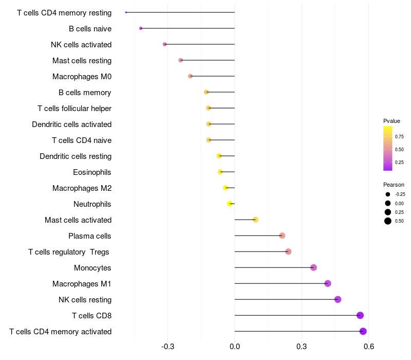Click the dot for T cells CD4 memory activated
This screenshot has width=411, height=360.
tap(363, 331)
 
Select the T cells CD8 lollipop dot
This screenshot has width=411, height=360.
tap(360, 315)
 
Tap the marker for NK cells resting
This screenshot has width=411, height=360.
tap(338, 299)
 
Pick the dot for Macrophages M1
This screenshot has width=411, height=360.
tap(328, 283)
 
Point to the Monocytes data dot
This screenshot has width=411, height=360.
tap(313, 267)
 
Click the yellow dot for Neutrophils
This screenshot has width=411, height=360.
tap(230, 204)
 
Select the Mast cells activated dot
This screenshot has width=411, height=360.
tap(255, 220)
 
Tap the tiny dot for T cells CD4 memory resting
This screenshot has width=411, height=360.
tap(126, 12)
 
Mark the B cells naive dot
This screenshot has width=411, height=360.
tap(141, 28)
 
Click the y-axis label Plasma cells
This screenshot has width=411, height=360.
tap(89, 236)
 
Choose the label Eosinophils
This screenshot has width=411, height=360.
tap(92, 172)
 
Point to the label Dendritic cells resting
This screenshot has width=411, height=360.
tap(76, 156)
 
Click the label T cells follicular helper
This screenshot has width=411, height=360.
tap(74, 109)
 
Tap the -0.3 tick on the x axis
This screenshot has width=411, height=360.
tap(168, 347)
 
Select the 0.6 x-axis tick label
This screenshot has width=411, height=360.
tap(369, 347)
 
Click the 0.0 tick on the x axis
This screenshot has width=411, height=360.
tap(235, 347)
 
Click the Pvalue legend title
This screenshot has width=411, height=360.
tap(391, 121)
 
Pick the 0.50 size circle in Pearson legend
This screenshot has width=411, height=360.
tap(388, 221)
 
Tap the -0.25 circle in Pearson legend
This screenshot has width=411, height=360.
tap(388, 194)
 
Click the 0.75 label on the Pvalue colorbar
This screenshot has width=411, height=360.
tap(399, 136)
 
